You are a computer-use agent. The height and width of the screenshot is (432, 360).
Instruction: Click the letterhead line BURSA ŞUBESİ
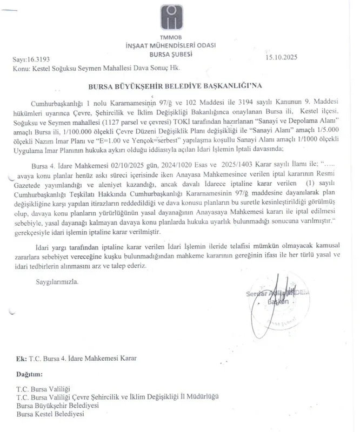[x=179, y=54]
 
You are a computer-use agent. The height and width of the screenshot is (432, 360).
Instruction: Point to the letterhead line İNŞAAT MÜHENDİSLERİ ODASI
[x=179, y=46]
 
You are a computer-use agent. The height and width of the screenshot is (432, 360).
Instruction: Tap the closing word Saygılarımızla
[x=57, y=282]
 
